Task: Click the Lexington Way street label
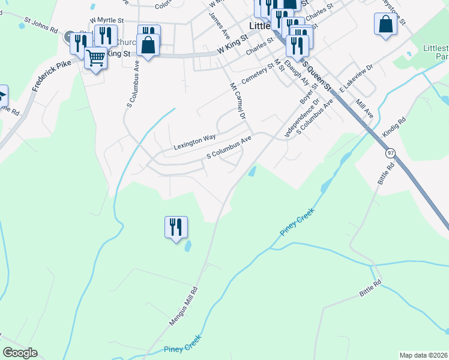[x=194, y=142]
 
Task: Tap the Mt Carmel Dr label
[x=238, y=101]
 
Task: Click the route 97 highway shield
[x=391, y=153]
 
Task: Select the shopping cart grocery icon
[x=95, y=58]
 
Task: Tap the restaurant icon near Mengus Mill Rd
[x=176, y=227]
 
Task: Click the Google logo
[x=20, y=353]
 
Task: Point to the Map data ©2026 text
[x=424, y=355]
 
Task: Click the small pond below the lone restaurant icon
[x=188, y=246]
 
